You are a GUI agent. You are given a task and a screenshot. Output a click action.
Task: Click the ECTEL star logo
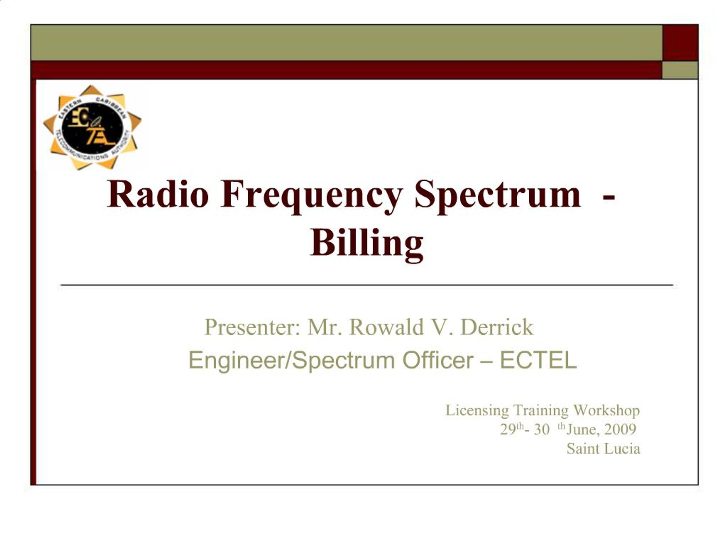(92, 127)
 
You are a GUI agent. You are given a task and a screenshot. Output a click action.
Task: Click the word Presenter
(252, 328)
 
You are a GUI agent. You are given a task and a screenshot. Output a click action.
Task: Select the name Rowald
(386, 327)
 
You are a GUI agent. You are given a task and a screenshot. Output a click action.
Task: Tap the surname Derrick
(497, 327)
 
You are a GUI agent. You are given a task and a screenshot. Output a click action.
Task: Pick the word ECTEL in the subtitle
(538, 360)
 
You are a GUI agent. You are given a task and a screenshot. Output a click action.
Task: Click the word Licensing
(477, 410)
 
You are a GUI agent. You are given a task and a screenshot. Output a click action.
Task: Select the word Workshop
(606, 410)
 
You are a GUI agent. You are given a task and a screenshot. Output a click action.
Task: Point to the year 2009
(620, 429)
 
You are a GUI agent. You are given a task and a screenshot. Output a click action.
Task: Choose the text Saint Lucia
(603, 449)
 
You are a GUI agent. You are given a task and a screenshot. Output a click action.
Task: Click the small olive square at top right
(680, 70)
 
